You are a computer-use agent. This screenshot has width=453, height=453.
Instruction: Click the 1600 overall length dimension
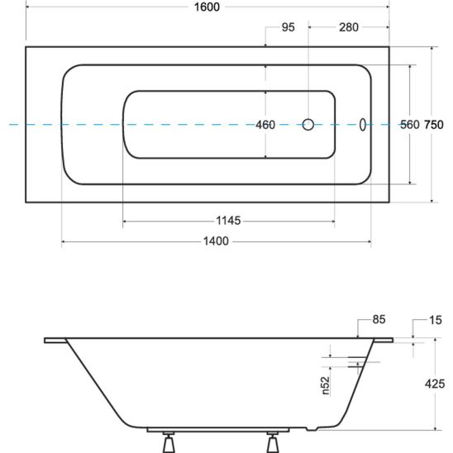pos(207,7)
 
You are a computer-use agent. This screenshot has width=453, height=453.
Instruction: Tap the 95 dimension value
pos(288,27)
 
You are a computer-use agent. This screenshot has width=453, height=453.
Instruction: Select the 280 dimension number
pos(349,27)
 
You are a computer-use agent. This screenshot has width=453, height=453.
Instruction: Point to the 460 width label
pos(265,125)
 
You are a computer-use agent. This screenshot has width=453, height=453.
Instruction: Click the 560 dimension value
pos(410,125)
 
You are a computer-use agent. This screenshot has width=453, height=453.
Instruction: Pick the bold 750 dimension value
pos(434,125)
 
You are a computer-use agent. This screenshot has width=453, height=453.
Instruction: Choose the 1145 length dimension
pos(228,221)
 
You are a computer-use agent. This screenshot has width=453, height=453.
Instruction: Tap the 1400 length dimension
pos(216,241)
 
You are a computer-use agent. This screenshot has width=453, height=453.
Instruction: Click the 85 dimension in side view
pos(379,320)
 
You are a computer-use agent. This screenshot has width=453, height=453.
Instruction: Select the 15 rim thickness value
pos(436,320)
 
